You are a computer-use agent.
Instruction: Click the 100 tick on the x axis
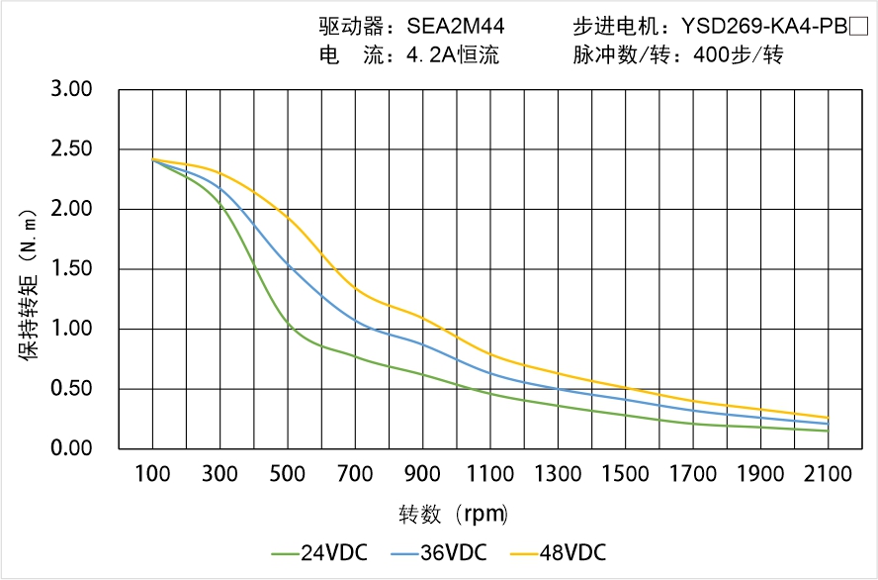click(x=152, y=474)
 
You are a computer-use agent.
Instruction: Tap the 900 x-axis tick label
click(x=423, y=474)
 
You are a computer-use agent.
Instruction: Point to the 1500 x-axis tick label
click(x=626, y=474)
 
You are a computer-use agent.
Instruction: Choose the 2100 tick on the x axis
click(x=829, y=474)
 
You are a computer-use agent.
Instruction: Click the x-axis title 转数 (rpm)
click(x=453, y=515)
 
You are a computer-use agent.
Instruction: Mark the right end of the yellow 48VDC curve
click(x=828, y=418)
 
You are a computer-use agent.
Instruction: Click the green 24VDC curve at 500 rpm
click(x=288, y=323)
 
